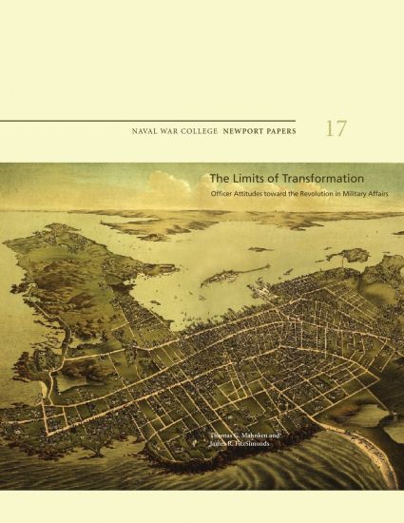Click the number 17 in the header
click(x=336, y=129)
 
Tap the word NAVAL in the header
click(x=148, y=130)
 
